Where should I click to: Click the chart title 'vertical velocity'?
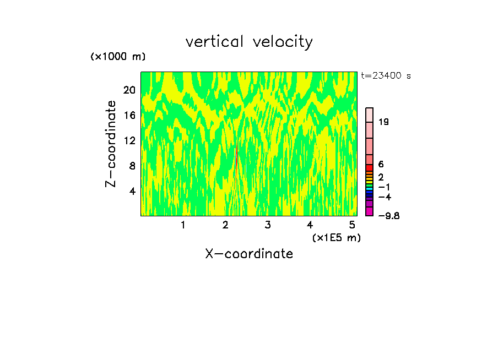pyautogui.click(x=249, y=42)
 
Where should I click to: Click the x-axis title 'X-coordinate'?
pyautogui.click(x=249, y=254)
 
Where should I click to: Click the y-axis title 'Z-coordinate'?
pyautogui.click(x=111, y=144)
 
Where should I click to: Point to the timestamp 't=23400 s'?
pyautogui.click(x=386, y=76)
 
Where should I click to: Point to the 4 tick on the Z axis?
pyautogui.click(x=132, y=191)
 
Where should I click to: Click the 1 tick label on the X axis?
pyautogui.click(x=183, y=225)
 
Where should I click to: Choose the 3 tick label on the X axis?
pyautogui.click(x=268, y=225)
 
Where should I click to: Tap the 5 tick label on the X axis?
pyautogui.click(x=352, y=225)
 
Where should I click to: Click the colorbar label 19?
pyautogui.click(x=383, y=122)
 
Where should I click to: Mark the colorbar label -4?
pyautogui.click(x=385, y=197)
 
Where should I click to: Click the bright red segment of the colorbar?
pyautogui.click(x=370, y=168)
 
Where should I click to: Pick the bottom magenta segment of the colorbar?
pyautogui.click(x=370, y=211)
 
